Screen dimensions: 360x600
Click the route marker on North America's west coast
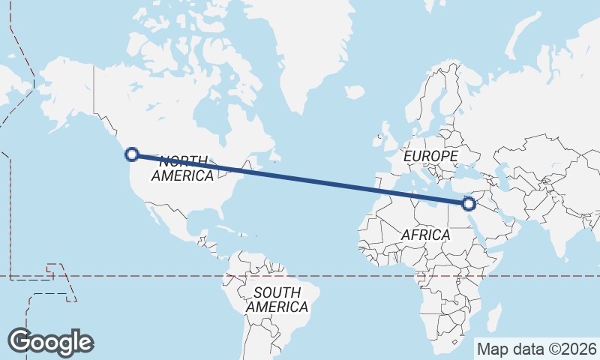click(x=132, y=154)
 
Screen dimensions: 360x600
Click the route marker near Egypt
click(x=469, y=203)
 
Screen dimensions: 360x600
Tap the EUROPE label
click(x=430, y=156)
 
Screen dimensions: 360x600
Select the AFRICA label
click(x=425, y=235)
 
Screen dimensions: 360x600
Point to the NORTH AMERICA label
click(x=183, y=168)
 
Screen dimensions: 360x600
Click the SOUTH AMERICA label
click(x=276, y=299)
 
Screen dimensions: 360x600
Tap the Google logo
click(x=50, y=341)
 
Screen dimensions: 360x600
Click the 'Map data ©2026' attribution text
click(x=536, y=349)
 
